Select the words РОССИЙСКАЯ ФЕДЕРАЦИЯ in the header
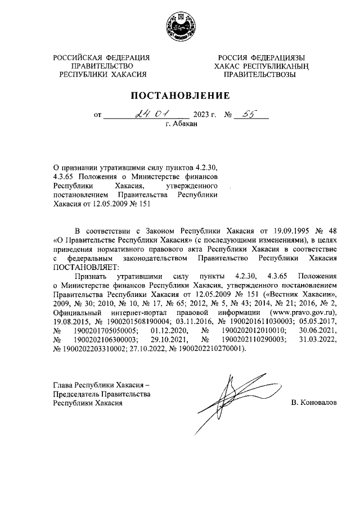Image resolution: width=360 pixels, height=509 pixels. point(101,57)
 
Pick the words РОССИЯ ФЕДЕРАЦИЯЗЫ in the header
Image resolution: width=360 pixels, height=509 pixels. point(262,57)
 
